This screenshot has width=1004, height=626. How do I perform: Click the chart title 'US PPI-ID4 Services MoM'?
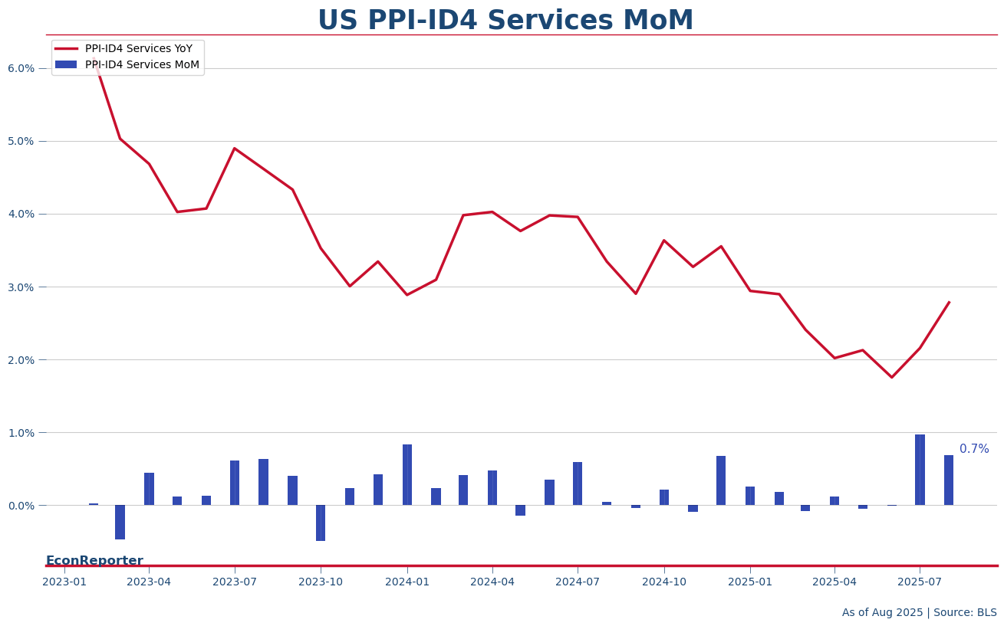tap(505, 21)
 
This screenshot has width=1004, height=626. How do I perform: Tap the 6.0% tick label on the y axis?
tap(21, 68)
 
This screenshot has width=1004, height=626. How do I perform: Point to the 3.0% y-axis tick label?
tap(21, 287)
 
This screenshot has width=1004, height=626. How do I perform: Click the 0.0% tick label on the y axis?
tap(21, 506)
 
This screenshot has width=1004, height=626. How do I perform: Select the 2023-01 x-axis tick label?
tap(64, 582)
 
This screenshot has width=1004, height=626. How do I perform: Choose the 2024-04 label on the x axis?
tap(492, 582)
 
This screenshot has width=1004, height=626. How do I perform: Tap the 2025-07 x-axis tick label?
tap(920, 582)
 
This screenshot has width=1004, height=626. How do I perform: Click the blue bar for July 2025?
tap(920, 470)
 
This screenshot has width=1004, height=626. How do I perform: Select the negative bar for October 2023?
tap(321, 523)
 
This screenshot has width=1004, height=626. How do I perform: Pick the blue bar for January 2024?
tap(407, 475)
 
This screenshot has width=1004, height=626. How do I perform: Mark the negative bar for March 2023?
tap(120, 522)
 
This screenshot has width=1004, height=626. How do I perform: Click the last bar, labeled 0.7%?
tap(949, 480)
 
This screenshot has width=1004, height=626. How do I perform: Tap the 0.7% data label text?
tap(974, 450)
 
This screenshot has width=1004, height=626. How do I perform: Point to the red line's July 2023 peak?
tap(235, 149)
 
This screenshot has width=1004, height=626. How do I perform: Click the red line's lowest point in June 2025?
tap(891, 377)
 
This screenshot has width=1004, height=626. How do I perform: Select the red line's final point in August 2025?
tap(949, 302)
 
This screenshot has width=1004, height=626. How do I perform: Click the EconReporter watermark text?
tap(94, 561)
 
